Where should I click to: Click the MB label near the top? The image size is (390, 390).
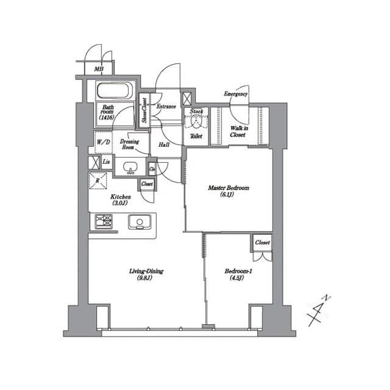pos(98,69)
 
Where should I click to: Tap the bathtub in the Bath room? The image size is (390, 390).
pos(115,91)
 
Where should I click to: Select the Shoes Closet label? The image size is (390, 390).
pos(144,110)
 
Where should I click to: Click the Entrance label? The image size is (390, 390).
pos(166,107)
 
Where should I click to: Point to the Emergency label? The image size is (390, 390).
pos(235,94)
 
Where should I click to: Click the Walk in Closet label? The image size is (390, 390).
pos(238,131)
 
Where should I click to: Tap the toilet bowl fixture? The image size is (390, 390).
pos(196,121)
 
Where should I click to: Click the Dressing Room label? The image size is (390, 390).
pos(128,144)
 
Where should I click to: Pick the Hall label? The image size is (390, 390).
pos(164,145)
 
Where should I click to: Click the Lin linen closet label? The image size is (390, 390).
pos(106,161)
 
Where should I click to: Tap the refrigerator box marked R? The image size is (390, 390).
pos(98,180)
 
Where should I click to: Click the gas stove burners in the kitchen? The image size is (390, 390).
pos(102,221)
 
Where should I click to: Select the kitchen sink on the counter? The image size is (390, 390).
pos(138,221)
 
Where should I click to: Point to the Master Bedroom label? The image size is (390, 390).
pos(229,192)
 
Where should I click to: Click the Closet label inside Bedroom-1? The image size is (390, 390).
pos(262,243)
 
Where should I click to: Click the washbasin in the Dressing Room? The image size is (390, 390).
pos(130,167)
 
